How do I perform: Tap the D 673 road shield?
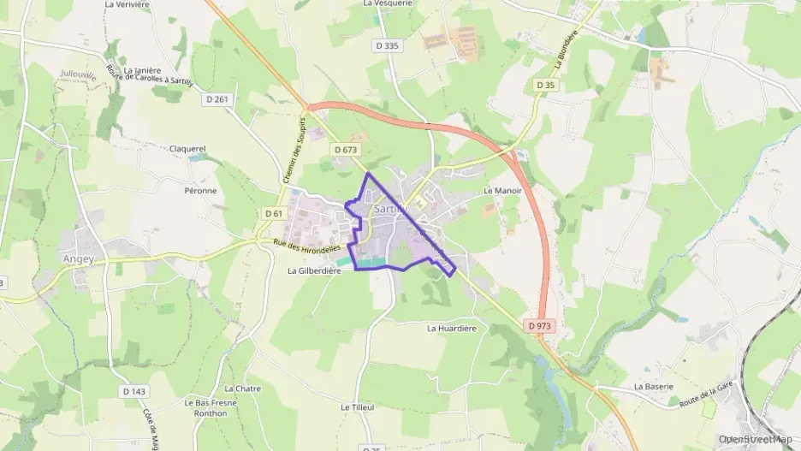pyautogui.click(x=345, y=150)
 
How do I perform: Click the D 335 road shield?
pyautogui.click(x=388, y=45)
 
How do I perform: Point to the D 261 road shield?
pyautogui.click(x=218, y=100)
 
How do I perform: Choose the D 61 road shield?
pyautogui.click(x=274, y=213)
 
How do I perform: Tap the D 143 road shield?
pyautogui.click(x=134, y=391)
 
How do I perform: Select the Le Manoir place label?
pyautogui.click(x=502, y=191)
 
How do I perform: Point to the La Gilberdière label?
pyautogui.click(x=314, y=270)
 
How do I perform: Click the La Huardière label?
pyautogui.click(x=451, y=328)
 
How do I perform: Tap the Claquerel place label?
pyautogui.click(x=187, y=148)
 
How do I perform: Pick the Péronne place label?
pyautogui.click(x=200, y=190)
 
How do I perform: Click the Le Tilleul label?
pyautogui.click(x=358, y=407)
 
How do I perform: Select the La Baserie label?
pyautogui.click(x=653, y=386)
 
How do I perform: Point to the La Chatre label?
pyautogui.click(x=242, y=389)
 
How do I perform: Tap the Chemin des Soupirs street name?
pyautogui.click(x=293, y=151)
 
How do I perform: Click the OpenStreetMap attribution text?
pyautogui.click(x=756, y=439)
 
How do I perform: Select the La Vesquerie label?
pyautogui.click(x=388, y=3)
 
